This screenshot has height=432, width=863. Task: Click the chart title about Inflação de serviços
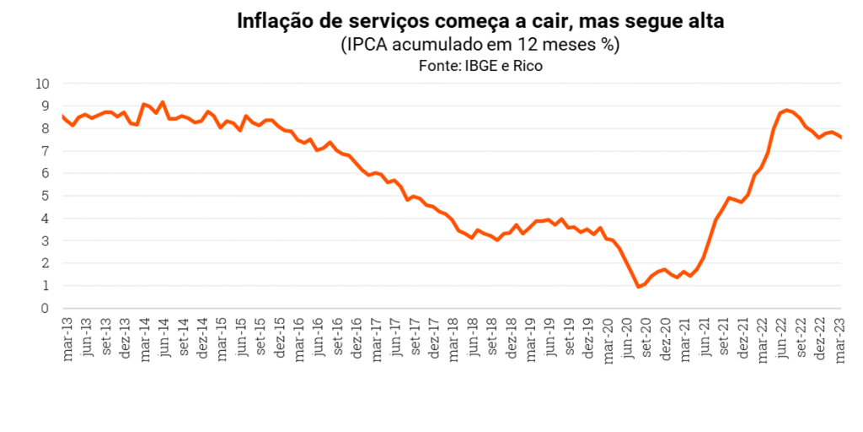[x=481, y=20]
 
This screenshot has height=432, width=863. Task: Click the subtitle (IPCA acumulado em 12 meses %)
[x=480, y=45]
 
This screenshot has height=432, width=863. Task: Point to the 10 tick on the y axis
[x=43, y=84]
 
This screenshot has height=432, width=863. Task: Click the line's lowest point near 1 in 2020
[x=638, y=287]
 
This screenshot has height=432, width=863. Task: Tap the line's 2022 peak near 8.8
[x=786, y=110]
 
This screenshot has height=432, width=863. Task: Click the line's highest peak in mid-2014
[x=163, y=102]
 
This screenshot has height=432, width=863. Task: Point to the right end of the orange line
[x=841, y=138]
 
